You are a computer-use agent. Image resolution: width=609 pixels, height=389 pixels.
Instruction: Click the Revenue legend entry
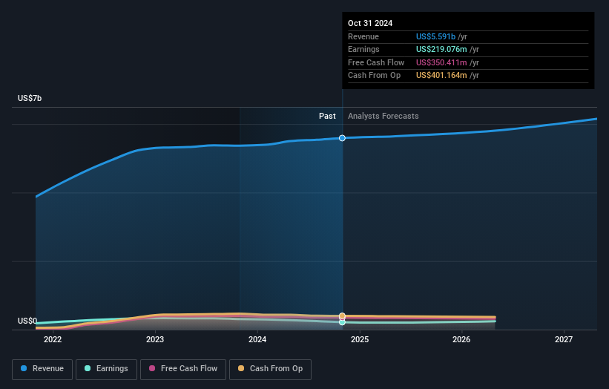coord(42,369)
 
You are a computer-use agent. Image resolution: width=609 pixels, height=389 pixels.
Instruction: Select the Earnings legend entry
coord(107,369)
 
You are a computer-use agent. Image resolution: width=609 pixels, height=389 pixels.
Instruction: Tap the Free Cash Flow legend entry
coord(182,369)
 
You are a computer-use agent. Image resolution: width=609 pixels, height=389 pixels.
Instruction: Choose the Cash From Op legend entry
coord(270,369)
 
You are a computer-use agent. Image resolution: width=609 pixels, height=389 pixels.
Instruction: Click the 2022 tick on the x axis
coord(53,340)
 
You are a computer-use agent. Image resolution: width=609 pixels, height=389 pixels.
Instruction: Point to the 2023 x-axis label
coord(155,340)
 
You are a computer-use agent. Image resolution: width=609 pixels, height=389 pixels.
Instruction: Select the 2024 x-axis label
coord(257,340)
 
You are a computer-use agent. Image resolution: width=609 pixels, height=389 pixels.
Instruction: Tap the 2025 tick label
coord(360,340)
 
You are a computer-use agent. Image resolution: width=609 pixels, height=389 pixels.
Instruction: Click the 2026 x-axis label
coord(461,340)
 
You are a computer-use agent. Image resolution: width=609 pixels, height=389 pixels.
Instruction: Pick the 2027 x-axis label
coord(564,340)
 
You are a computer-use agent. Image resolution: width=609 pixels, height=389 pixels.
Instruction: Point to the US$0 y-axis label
coord(27,321)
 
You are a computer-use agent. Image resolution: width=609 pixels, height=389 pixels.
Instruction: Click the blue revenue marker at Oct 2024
coord(342,138)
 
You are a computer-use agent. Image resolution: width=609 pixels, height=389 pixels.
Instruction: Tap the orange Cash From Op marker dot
coord(342,316)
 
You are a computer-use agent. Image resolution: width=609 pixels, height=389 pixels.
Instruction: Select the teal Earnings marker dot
coord(342,322)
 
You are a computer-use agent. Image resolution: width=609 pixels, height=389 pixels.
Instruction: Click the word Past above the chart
coord(327,117)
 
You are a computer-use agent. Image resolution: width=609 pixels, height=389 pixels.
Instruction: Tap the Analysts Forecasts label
coord(383,117)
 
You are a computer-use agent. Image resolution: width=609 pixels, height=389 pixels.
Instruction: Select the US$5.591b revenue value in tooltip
coord(436,37)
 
